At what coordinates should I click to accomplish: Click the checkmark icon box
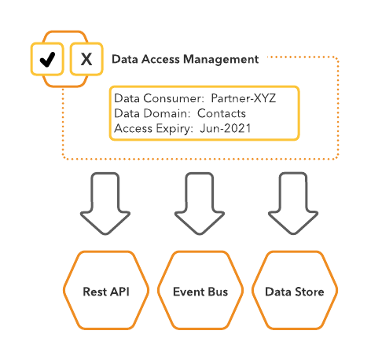(47, 59)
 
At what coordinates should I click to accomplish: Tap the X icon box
(86, 59)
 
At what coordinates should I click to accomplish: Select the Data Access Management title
(185, 59)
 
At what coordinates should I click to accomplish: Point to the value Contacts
(222, 114)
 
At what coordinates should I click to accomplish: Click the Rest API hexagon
(106, 291)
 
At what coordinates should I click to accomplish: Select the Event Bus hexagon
(200, 291)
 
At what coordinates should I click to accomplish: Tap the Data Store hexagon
(294, 291)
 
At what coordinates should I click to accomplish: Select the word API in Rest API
(119, 292)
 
